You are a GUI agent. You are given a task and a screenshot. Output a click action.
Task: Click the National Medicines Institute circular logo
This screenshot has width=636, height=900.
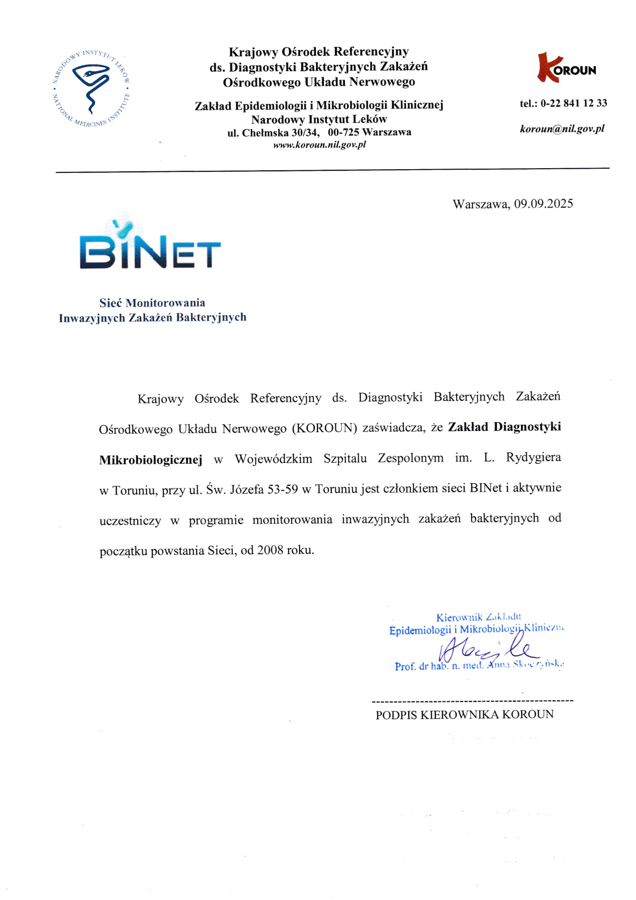pos(91,89)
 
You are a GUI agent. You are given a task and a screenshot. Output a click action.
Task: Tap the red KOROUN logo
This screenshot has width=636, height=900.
pos(566,68)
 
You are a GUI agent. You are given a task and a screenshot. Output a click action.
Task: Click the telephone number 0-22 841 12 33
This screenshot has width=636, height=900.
pos(573,103)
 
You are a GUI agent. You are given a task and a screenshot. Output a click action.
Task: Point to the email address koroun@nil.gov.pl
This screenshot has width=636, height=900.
pos(562,129)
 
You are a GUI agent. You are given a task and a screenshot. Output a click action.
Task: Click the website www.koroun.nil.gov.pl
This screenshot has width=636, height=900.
pos(319,144)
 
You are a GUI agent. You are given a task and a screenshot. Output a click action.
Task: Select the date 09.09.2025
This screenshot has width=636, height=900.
pos(543,204)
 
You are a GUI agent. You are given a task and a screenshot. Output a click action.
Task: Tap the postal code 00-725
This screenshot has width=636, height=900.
pos(343,132)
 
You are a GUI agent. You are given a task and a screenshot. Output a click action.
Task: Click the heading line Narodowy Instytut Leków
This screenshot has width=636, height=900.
pos(319,119)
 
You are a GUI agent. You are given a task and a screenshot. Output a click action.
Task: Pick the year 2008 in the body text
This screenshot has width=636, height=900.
pos(270,550)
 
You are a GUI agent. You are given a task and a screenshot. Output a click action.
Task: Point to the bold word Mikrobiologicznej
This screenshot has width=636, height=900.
pos(151,459)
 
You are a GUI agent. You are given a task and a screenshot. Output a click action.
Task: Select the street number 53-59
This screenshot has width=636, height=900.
pos(283,489)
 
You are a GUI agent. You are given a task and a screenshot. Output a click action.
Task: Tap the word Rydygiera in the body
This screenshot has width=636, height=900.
pos(533,457)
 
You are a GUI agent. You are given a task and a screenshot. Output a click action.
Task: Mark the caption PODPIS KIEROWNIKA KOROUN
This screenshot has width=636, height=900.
pos(465,715)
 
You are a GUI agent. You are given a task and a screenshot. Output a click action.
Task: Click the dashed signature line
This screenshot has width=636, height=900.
pos(472,701)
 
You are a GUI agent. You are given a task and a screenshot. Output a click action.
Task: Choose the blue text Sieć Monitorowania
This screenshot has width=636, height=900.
pos(152,302)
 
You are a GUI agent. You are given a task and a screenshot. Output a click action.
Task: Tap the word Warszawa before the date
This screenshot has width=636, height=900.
pos(481,204)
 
